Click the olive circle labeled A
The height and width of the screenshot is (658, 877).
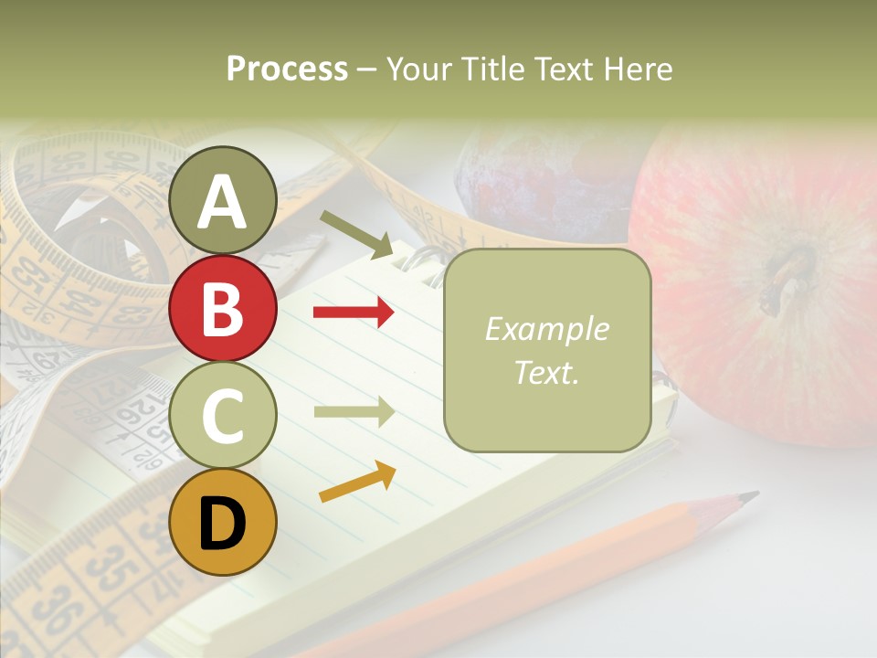223,200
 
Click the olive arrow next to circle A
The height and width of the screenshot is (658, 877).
355,234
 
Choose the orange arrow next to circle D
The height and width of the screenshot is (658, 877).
357,481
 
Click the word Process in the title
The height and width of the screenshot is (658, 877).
287,69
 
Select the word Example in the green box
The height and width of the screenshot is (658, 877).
546,329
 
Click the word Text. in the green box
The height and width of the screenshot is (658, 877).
546,372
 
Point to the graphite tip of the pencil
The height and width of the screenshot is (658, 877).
749,497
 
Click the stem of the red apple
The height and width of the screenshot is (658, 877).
787,274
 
